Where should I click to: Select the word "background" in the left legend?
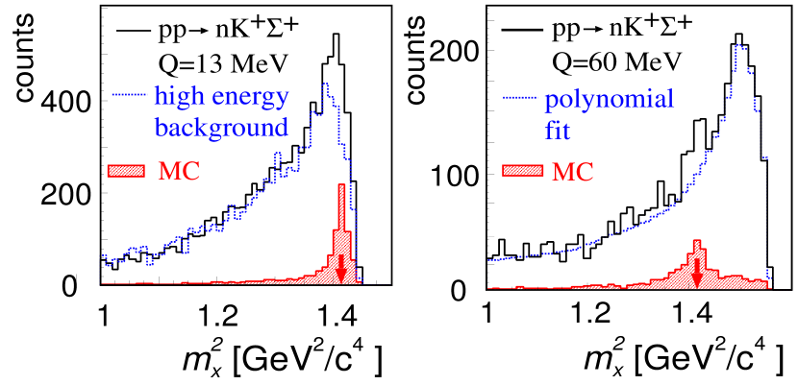221,127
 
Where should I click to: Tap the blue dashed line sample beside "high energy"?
127,95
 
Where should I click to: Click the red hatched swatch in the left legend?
127,171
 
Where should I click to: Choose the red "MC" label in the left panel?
179,171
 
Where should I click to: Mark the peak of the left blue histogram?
326,84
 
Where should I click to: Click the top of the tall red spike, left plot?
340,184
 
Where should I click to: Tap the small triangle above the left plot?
204,31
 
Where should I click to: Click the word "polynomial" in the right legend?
609,100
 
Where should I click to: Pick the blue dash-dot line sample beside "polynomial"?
519,98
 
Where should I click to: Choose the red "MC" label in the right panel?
572,172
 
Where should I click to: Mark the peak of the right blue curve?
739,44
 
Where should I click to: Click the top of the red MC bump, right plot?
697,240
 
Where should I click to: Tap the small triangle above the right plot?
599,30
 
